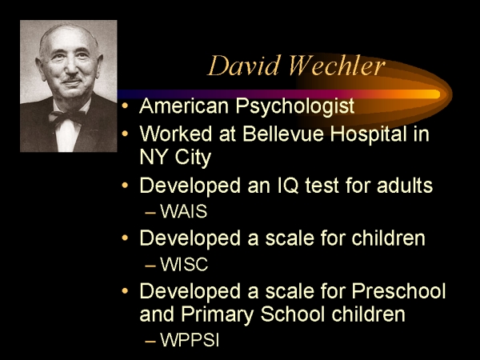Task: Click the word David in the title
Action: (243, 66)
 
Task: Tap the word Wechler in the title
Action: (337, 66)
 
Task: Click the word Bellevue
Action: (283, 134)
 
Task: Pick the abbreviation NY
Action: (154, 157)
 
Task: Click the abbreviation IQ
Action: (288, 186)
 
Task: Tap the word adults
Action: (405, 185)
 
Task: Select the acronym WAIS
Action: (184, 211)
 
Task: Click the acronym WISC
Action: (184, 264)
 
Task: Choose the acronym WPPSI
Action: (190, 339)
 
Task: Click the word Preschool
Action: (398, 290)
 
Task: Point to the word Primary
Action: (218, 315)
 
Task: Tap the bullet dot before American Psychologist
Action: (125, 106)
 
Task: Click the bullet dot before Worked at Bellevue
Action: (125, 134)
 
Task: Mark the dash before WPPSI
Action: (150, 341)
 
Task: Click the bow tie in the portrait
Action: (67, 118)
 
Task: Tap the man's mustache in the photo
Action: (72, 79)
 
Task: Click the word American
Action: (184, 106)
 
